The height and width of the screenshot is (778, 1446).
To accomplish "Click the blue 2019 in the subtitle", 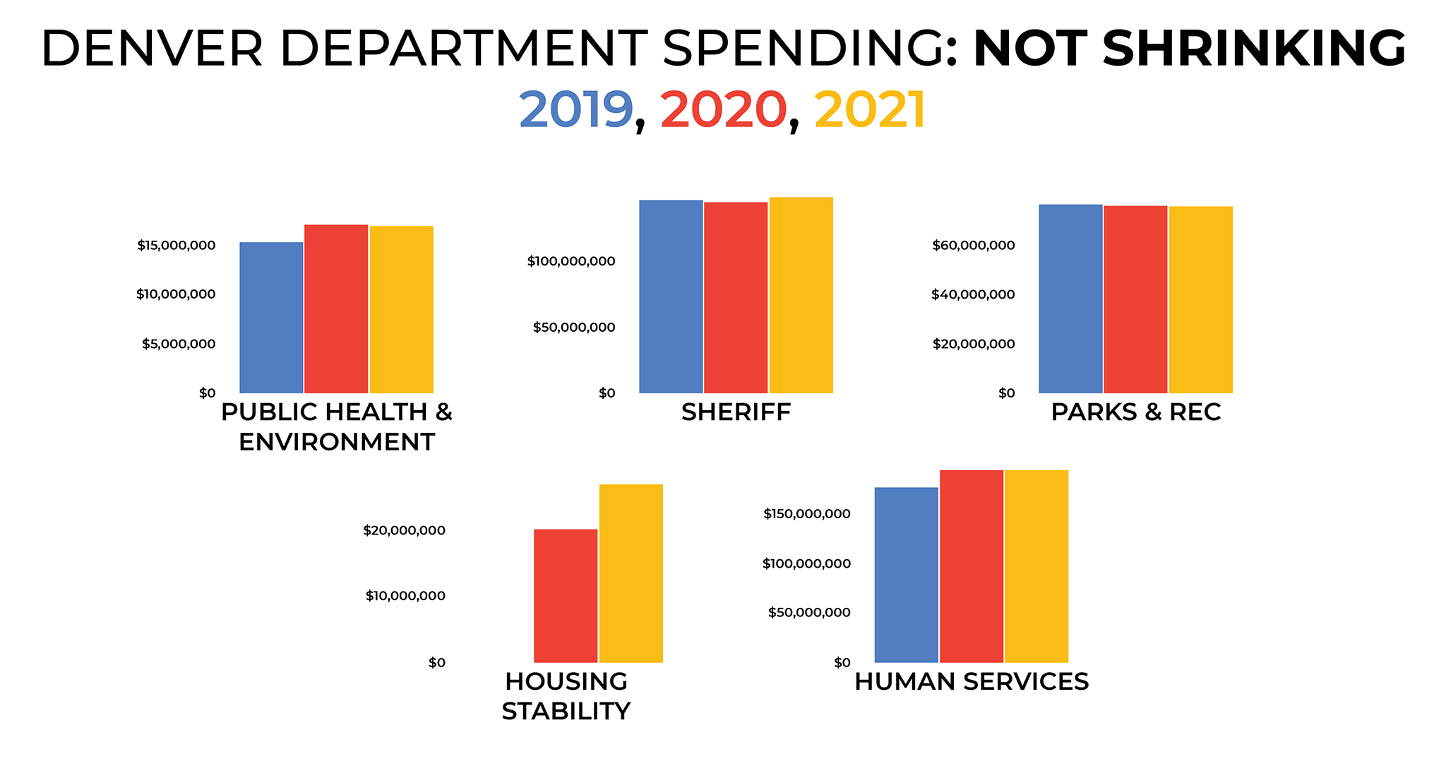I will tap(575, 110).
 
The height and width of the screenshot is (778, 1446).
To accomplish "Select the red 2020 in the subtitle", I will tap(723, 110).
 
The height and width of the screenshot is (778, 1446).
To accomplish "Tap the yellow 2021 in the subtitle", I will tap(869, 110).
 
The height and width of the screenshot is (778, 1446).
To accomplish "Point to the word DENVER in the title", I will tap(151, 49).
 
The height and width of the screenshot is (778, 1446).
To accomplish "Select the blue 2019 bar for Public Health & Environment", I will tap(271, 318).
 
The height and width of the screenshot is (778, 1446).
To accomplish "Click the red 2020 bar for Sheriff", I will tap(736, 297).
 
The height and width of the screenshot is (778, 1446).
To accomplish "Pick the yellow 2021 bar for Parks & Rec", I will tap(1200, 299).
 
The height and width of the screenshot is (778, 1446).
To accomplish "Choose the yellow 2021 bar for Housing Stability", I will tap(631, 573).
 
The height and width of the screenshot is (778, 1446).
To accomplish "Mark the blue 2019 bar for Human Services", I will tap(906, 575).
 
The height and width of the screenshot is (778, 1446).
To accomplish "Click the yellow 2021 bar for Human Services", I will tap(1036, 566).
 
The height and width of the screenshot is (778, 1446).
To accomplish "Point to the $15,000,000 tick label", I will tap(176, 246).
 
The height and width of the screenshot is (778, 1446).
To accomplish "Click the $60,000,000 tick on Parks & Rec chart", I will tap(973, 246).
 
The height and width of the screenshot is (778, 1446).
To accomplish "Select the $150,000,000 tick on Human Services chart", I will tap(806, 514).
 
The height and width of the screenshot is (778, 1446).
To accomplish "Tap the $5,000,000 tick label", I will tap(178, 344).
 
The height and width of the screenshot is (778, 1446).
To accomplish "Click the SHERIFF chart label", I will tap(736, 412).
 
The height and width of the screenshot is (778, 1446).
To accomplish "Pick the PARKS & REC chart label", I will tap(1135, 412).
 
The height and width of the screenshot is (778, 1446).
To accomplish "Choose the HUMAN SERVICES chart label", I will tap(972, 682).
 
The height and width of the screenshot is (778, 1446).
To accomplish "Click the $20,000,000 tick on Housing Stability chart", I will tap(404, 530).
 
